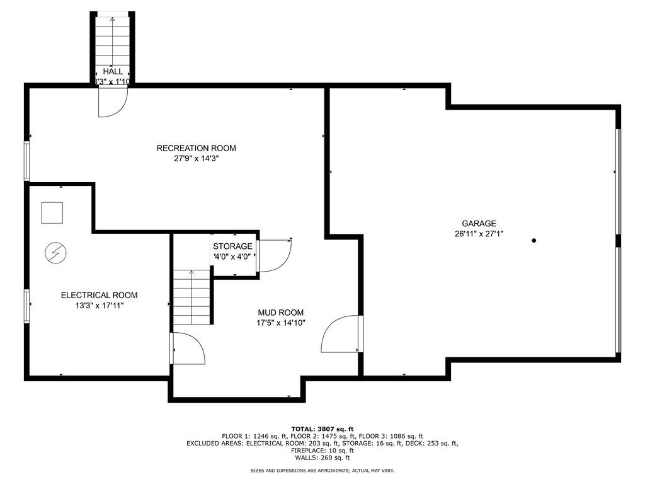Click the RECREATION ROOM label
[x=197, y=148]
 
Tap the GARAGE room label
[x=479, y=224]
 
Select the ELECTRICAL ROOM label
[x=99, y=295]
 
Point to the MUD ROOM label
[x=280, y=313]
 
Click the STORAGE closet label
[x=232, y=246]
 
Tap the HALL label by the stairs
[x=113, y=71]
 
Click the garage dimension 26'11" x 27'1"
[x=479, y=234]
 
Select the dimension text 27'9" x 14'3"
[x=197, y=158]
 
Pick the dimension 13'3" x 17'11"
[x=99, y=306]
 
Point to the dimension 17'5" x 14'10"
[x=280, y=323]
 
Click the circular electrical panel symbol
[x=55, y=253]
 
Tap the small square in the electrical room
[x=52, y=213]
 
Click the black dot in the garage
[x=534, y=240]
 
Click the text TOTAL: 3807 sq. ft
[x=322, y=429]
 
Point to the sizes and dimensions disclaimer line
[x=322, y=470]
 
